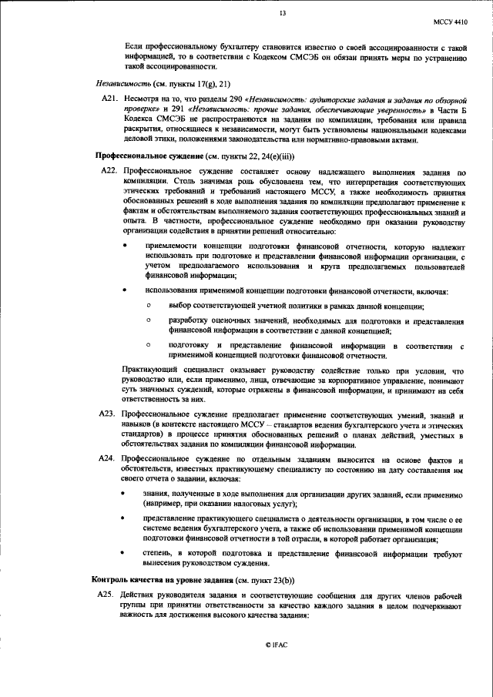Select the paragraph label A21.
[110, 99]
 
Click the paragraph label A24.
[110, 458]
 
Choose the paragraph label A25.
[110, 597]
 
